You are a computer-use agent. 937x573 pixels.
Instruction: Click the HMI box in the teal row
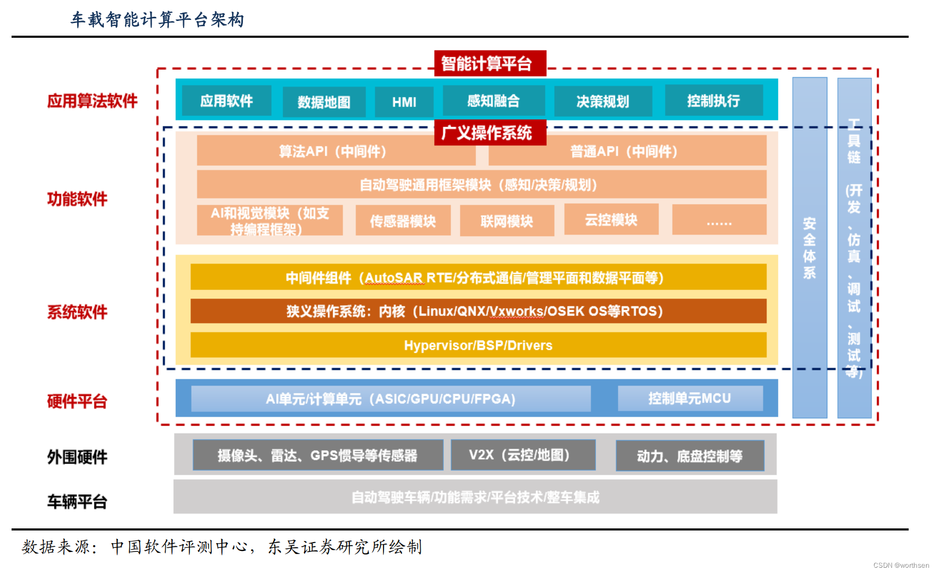pyautogui.click(x=404, y=102)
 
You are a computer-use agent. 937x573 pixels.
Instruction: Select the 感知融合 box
pyautogui.click(x=493, y=101)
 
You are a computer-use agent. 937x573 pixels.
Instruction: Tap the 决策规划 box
pyautogui.click(x=603, y=101)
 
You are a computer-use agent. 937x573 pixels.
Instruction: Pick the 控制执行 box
pyautogui.click(x=714, y=100)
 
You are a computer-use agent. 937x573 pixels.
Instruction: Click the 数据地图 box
pyautogui.click(x=324, y=102)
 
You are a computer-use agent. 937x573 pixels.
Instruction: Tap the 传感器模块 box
pyautogui.click(x=403, y=221)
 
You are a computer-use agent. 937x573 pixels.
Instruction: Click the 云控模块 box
pyautogui.click(x=611, y=219)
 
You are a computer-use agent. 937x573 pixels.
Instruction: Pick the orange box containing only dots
pyautogui.click(x=719, y=220)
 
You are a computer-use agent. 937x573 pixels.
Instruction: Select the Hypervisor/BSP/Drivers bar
pyautogui.click(x=478, y=345)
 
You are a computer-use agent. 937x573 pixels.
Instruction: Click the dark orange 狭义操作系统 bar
pyautogui.click(x=478, y=311)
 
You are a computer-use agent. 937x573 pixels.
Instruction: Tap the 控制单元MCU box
pyautogui.click(x=690, y=399)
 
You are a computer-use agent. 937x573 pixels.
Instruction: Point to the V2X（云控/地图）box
pyautogui.click(x=523, y=455)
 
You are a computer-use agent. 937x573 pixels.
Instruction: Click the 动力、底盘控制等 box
pyautogui.click(x=689, y=456)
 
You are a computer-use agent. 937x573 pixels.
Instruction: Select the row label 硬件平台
pyautogui.click(x=77, y=401)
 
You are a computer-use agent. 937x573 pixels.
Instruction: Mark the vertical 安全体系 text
pyautogui.click(x=810, y=248)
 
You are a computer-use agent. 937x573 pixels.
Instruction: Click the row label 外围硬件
pyautogui.click(x=77, y=457)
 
